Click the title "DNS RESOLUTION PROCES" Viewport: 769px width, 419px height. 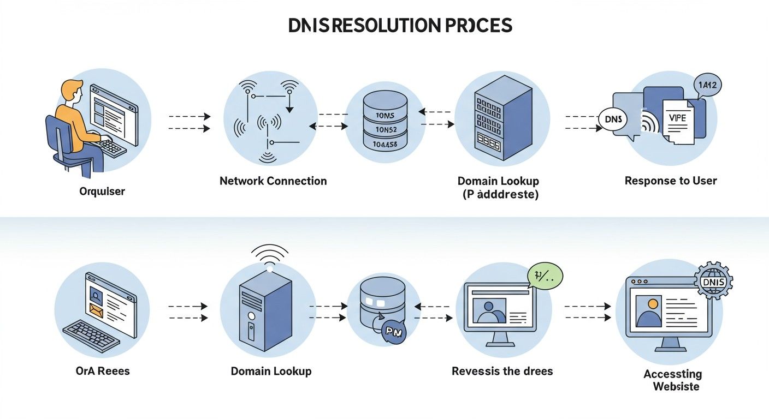point(400,25)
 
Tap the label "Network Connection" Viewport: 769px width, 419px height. point(273,181)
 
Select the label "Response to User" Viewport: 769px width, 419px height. point(670,181)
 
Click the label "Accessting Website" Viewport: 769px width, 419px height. point(672,380)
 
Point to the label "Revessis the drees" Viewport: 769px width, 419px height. point(502,371)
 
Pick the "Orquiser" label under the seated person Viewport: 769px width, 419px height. point(102,191)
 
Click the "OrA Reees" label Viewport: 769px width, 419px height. point(103,371)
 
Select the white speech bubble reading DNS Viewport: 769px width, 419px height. point(613,119)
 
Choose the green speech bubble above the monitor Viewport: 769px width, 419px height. point(545,277)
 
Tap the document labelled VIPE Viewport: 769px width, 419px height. point(679,121)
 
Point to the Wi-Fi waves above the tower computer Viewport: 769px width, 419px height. point(269,255)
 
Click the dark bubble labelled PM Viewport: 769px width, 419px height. point(393,331)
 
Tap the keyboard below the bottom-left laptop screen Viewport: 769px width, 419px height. point(91,335)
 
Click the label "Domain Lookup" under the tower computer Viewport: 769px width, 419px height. point(271,371)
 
